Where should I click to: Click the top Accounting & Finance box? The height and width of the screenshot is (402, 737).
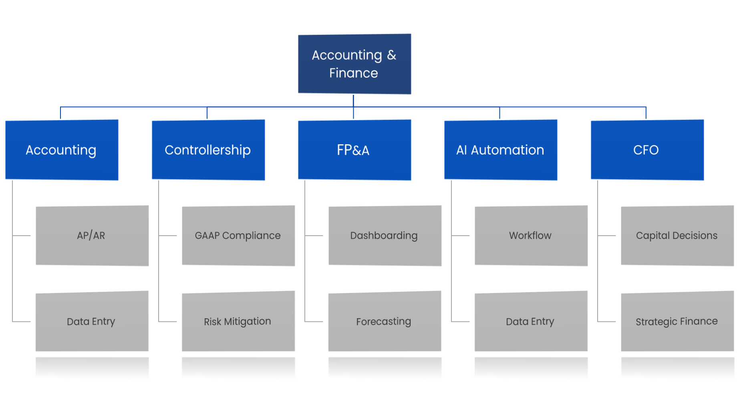[354, 64]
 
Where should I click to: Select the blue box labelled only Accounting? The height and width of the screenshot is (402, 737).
[61, 149]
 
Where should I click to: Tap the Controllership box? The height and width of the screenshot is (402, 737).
[208, 149]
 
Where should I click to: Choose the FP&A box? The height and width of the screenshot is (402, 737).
[354, 149]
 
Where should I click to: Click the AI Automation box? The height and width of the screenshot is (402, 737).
[500, 149]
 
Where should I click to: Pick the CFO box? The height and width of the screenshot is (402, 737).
[647, 149]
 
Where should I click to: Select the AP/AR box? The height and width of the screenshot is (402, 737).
[92, 235]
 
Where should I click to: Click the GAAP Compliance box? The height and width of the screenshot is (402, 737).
[238, 235]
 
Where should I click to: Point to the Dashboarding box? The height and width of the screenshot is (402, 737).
[385, 235]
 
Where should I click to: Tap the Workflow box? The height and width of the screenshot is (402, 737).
[531, 235]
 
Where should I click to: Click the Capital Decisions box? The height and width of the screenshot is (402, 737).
[677, 235]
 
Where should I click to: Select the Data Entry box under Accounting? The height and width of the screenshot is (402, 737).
[92, 321]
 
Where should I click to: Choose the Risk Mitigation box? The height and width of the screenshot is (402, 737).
[238, 321]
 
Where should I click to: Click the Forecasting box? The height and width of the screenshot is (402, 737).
[385, 321]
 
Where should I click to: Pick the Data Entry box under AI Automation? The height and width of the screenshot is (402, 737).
[531, 321]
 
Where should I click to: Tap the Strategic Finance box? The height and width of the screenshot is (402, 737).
[677, 321]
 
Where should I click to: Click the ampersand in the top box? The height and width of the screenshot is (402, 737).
[391, 55]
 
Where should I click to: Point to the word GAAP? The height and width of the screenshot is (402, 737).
[207, 236]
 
